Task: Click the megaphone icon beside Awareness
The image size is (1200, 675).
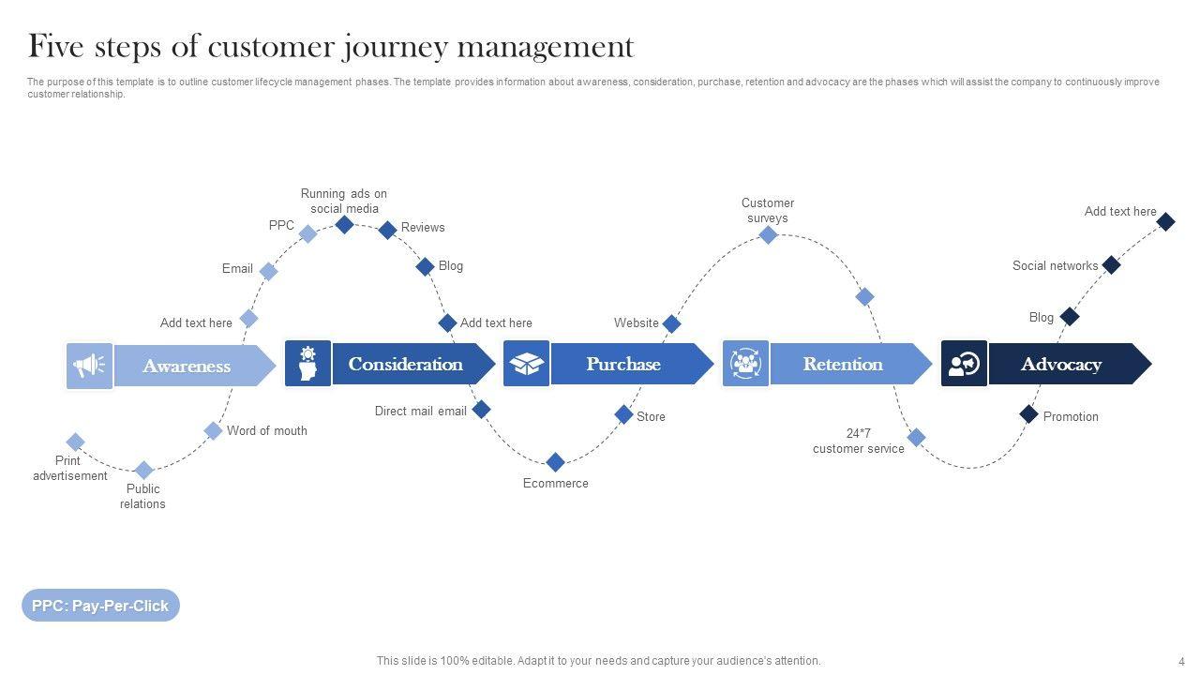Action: click(89, 366)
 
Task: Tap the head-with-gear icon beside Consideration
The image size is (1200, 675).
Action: click(307, 364)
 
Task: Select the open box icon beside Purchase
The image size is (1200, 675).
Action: click(526, 364)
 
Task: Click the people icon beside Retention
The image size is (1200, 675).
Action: click(745, 364)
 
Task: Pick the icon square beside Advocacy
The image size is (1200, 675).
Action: click(964, 364)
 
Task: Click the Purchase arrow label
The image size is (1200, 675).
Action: click(623, 365)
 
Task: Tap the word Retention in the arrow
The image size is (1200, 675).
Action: click(843, 365)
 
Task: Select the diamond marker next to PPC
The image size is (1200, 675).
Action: click(307, 233)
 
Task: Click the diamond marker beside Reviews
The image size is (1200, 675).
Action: click(387, 230)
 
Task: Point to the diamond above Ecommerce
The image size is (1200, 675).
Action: click(555, 462)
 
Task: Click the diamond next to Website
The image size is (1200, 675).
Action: click(671, 323)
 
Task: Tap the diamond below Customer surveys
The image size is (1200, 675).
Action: click(768, 234)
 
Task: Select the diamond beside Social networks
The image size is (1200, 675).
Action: click(1111, 264)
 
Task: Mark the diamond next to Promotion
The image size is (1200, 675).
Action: click(1028, 414)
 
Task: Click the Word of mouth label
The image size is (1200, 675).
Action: click(267, 430)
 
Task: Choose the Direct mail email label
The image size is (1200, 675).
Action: click(421, 411)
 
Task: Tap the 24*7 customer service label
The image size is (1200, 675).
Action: click(858, 441)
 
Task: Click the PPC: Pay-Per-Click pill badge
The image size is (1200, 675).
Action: click(100, 606)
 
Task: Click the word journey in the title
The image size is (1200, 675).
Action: click(395, 47)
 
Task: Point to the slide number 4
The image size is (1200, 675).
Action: click(1181, 662)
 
